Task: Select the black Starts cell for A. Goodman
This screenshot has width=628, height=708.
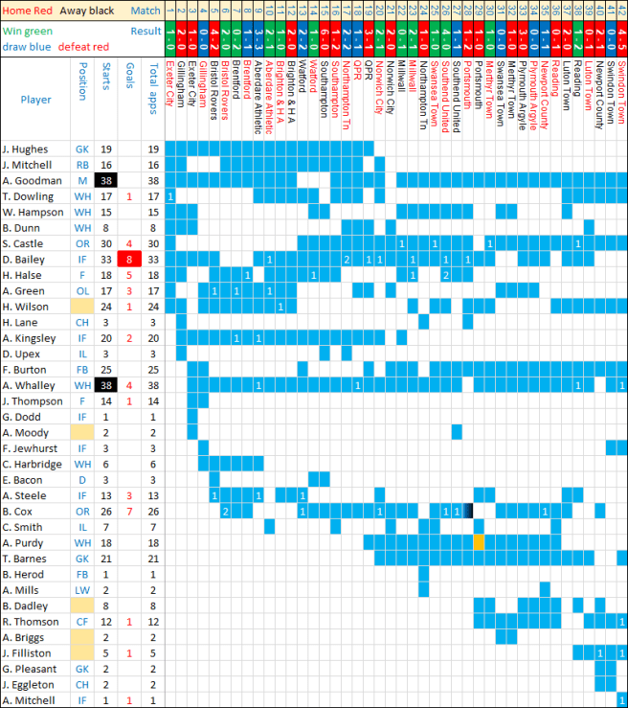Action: click(x=106, y=180)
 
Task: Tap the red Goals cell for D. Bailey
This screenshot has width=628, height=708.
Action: click(x=129, y=259)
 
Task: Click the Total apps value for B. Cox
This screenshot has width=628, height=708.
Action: click(x=153, y=511)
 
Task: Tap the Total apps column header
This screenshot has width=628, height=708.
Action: click(x=153, y=86)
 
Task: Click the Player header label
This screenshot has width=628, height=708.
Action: click(x=36, y=99)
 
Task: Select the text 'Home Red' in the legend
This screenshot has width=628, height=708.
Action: click(x=26, y=11)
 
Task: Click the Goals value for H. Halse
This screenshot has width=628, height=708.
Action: click(x=129, y=275)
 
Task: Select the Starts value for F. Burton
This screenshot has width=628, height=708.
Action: click(x=106, y=369)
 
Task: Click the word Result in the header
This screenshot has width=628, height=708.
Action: click(x=146, y=31)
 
